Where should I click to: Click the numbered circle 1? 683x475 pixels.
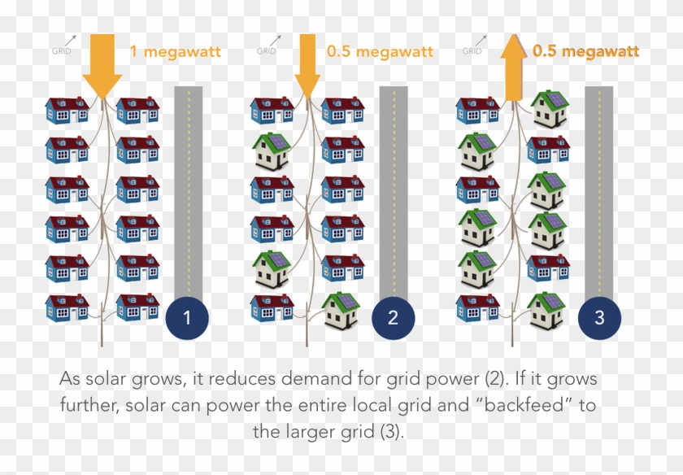coord(187,319)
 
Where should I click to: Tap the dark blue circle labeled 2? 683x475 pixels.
coord(393,319)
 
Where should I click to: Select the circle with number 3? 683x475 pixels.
coord(599,319)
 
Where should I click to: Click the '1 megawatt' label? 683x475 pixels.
coord(175,52)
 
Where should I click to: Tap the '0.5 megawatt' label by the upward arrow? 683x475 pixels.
coord(585,52)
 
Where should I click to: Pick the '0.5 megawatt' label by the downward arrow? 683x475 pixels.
coord(380,52)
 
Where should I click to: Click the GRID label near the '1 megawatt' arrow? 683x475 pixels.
coord(61,50)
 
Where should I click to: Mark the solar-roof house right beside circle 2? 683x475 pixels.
coord(341,310)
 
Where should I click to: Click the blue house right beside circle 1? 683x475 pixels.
coord(137,307)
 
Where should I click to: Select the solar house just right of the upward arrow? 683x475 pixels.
coord(549,109)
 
